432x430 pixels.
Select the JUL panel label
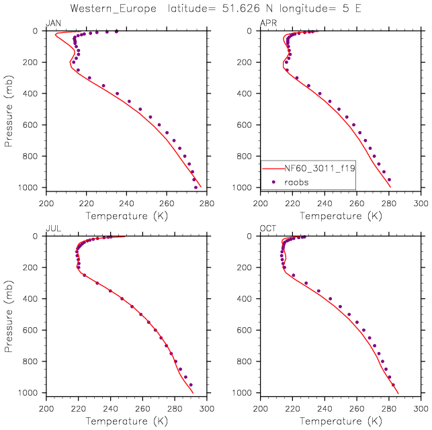[54, 229]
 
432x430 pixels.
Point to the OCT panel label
[268, 229]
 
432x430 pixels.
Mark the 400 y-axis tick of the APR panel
[248, 93]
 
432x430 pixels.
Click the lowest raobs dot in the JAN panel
[196, 187]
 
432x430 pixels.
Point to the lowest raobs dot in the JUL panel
[191, 385]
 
